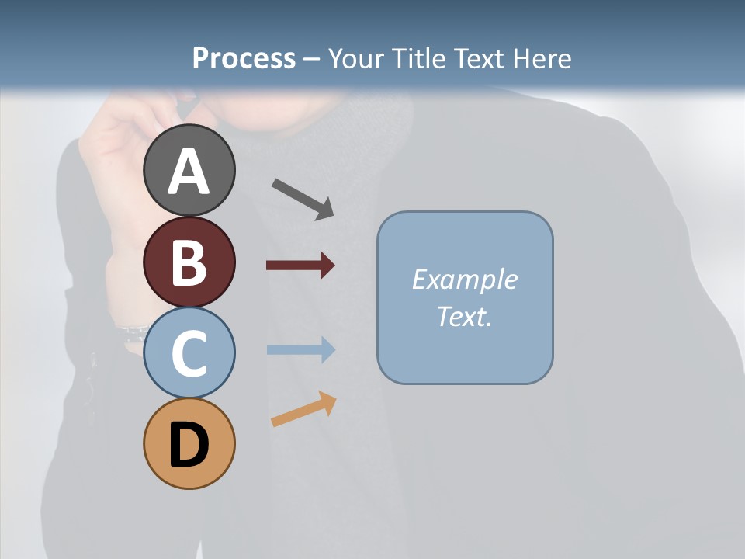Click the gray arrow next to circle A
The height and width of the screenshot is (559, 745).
pyautogui.click(x=303, y=198)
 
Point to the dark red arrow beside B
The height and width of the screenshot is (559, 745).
pyautogui.click(x=300, y=266)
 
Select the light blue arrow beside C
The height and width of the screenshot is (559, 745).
pyautogui.click(x=300, y=349)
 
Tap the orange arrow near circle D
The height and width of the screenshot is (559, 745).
pyautogui.click(x=303, y=410)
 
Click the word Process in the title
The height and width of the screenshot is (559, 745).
pyautogui.click(x=244, y=58)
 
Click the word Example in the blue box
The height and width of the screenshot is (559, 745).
pyautogui.click(x=464, y=279)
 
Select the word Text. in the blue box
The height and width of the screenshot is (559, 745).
pyautogui.click(x=464, y=316)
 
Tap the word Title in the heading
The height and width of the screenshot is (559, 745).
pyautogui.click(x=418, y=58)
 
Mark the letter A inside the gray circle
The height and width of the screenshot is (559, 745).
pyautogui.click(x=189, y=172)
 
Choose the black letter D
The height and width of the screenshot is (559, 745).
pyautogui.click(x=189, y=446)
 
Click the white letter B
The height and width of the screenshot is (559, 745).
pyautogui.click(x=189, y=262)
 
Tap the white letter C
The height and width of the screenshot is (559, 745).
pyautogui.click(x=189, y=353)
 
